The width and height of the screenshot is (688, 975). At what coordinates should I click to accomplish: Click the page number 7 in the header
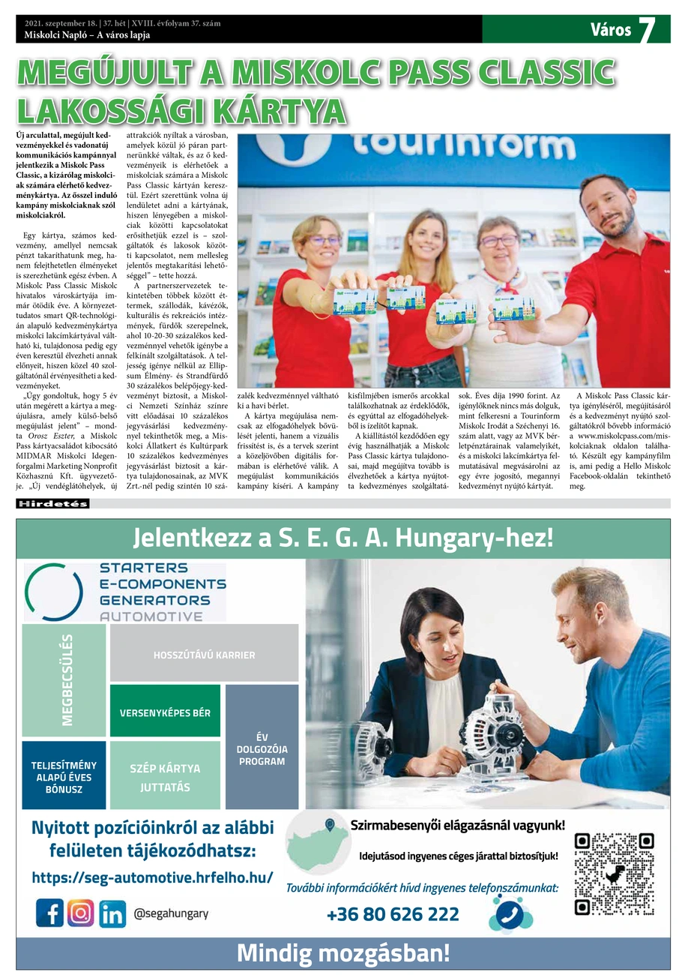(647, 29)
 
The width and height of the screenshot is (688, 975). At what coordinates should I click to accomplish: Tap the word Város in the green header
(610, 30)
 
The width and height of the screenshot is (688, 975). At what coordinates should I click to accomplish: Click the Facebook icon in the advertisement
(49, 913)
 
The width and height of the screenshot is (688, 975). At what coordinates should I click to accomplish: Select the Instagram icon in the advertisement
(81, 913)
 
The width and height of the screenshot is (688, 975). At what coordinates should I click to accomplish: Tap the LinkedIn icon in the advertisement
(112, 913)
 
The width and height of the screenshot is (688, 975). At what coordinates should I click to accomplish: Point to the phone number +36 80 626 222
(393, 914)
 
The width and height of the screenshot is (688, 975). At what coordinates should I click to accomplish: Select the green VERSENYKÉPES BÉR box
(165, 712)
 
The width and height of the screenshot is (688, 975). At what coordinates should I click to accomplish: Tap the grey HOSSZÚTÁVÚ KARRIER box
(204, 654)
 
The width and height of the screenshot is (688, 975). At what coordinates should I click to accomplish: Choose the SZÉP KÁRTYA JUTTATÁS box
(165, 777)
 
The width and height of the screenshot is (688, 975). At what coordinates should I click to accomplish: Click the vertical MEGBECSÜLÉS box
(64, 679)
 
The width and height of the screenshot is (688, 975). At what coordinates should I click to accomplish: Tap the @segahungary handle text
(166, 913)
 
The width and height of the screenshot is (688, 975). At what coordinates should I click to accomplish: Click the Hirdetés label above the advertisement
(52, 504)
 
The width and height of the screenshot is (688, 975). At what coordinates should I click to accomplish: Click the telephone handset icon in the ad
(510, 913)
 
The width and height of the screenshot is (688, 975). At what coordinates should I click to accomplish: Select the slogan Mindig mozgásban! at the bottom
(343, 953)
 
